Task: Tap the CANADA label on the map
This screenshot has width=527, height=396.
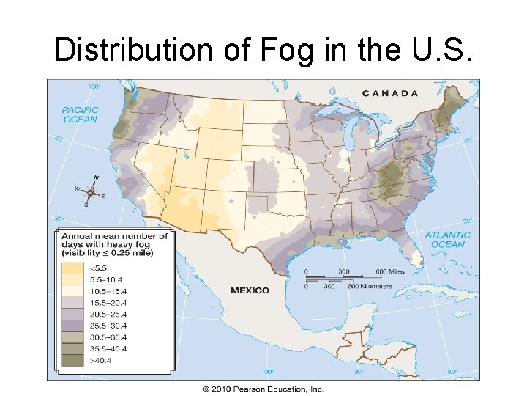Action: pos(391,93)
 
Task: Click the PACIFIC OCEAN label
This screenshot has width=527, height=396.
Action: pos(80,114)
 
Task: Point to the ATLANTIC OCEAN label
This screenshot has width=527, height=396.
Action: pos(447,240)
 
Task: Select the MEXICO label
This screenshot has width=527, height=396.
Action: pos(250,290)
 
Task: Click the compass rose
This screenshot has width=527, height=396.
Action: pos(91,191)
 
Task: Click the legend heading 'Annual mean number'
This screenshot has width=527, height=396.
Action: pos(113,236)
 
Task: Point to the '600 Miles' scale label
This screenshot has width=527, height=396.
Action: pos(389,271)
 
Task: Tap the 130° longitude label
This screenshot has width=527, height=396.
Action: pos(94,87)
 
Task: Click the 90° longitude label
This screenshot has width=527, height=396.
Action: pos(359,372)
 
